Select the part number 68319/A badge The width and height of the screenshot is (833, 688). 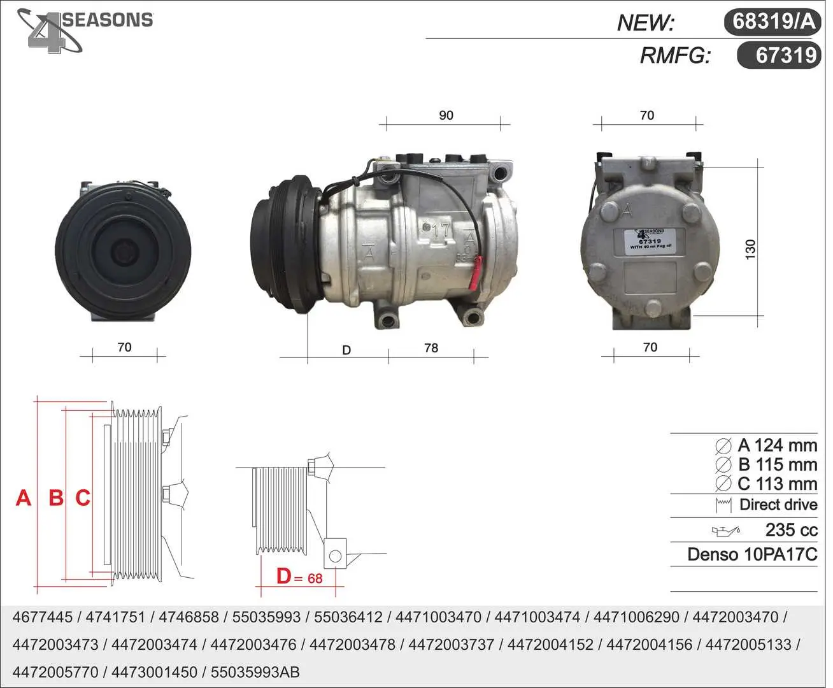(772, 22)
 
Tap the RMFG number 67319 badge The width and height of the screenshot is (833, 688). (779, 55)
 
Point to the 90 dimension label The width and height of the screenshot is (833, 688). (446, 115)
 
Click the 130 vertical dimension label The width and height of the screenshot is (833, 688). (750, 250)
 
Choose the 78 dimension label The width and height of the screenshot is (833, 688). (431, 348)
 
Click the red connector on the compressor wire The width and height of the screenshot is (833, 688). (475, 273)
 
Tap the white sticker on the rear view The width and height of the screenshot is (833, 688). (650, 241)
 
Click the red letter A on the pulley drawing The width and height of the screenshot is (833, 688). (24, 498)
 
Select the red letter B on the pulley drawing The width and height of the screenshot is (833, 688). (56, 498)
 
